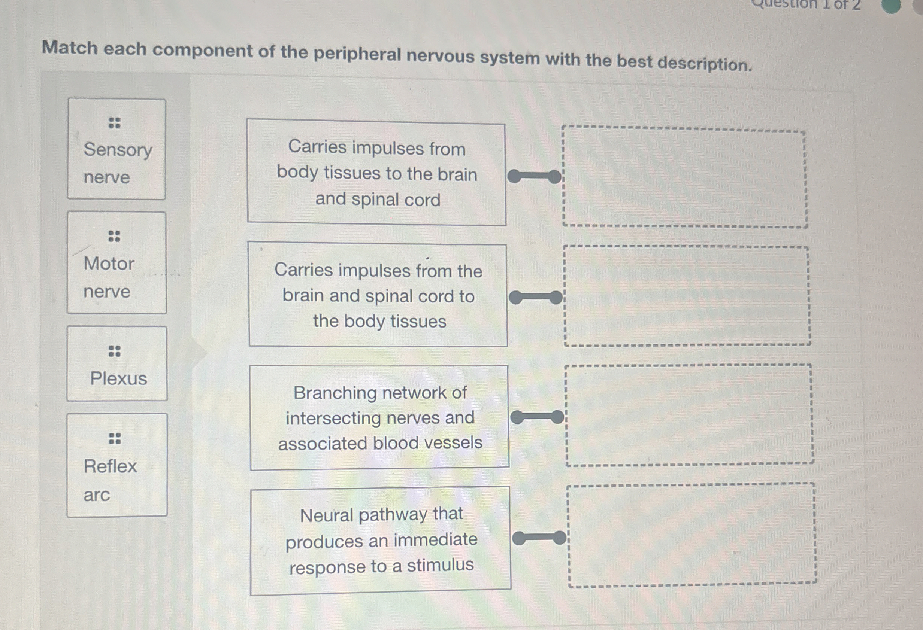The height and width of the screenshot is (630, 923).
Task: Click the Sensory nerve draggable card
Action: pyautogui.click(x=117, y=149)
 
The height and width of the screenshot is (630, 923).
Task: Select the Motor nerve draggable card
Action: pyautogui.click(x=117, y=263)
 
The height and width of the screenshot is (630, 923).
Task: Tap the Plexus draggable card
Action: pyautogui.click(x=117, y=363)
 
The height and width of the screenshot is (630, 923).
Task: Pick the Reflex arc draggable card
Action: pyautogui.click(x=117, y=465)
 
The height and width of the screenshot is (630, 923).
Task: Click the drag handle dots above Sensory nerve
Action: pyautogui.click(x=114, y=123)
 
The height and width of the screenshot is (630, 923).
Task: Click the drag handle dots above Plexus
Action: pyautogui.click(x=114, y=351)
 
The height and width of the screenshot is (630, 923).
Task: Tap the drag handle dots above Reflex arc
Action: pyautogui.click(x=114, y=439)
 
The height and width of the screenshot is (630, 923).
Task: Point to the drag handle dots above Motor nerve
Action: pyautogui.click(x=114, y=236)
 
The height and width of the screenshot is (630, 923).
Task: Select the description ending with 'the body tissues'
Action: pyautogui.click(x=378, y=295)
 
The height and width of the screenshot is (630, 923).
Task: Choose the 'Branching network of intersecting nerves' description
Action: pyautogui.click(x=379, y=418)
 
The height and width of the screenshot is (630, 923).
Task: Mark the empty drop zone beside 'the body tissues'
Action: pyautogui.click(x=687, y=296)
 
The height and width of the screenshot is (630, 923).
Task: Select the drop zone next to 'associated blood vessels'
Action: pyautogui.click(x=689, y=415)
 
